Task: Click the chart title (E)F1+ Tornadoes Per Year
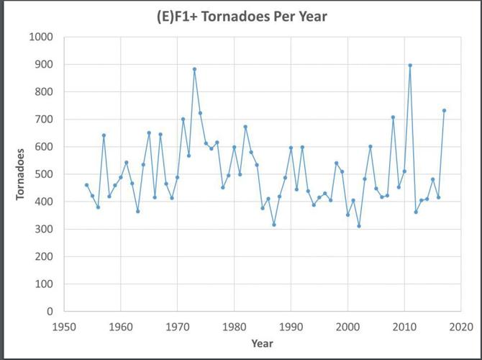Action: point(241,16)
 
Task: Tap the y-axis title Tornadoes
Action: point(21,174)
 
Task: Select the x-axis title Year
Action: point(262,343)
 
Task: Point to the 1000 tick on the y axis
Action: point(41,37)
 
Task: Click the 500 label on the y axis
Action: point(44,174)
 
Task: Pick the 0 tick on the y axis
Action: point(50,312)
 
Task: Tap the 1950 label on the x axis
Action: point(64,326)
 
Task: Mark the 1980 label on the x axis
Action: point(234,326)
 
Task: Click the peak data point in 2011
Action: point(410,66)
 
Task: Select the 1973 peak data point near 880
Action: point(194,69)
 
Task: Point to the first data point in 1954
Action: point(86,185)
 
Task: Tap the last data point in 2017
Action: point(444,111)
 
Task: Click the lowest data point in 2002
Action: point(359,226)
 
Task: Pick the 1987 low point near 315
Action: point(274,225)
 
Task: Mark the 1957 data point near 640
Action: point(104,135)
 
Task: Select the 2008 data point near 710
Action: point(393,117)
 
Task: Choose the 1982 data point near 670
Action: point(245,127)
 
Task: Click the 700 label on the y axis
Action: point(44,120)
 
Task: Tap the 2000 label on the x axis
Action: point(347,326)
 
